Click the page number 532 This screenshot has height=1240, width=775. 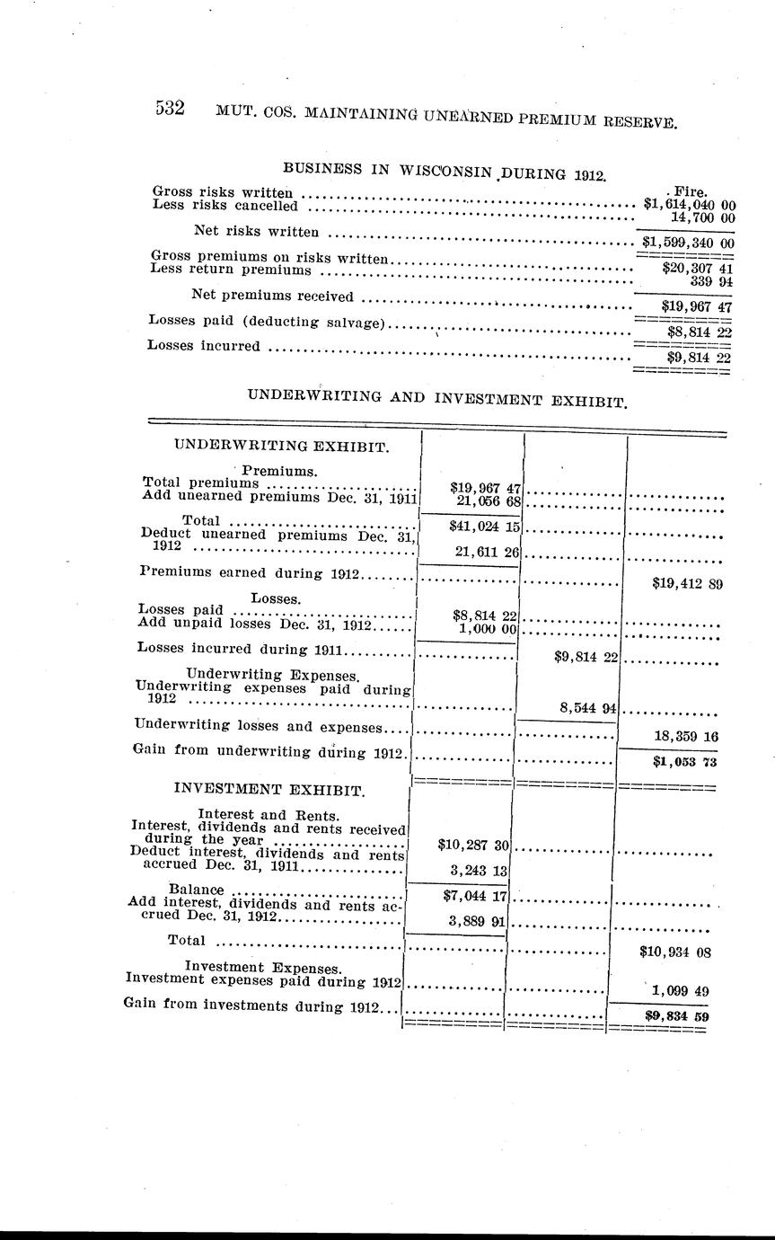(170, 109)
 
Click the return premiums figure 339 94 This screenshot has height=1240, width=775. (713, 281)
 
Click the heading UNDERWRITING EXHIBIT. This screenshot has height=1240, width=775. (281, 445)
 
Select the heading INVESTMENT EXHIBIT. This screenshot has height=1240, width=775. (269, 791)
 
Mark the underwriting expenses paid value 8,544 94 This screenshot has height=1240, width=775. (587, 708)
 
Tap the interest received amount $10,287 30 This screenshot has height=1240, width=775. (473, 845)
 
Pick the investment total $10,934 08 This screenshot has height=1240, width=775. (674, 951)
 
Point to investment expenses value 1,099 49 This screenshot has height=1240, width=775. (681, 991)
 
